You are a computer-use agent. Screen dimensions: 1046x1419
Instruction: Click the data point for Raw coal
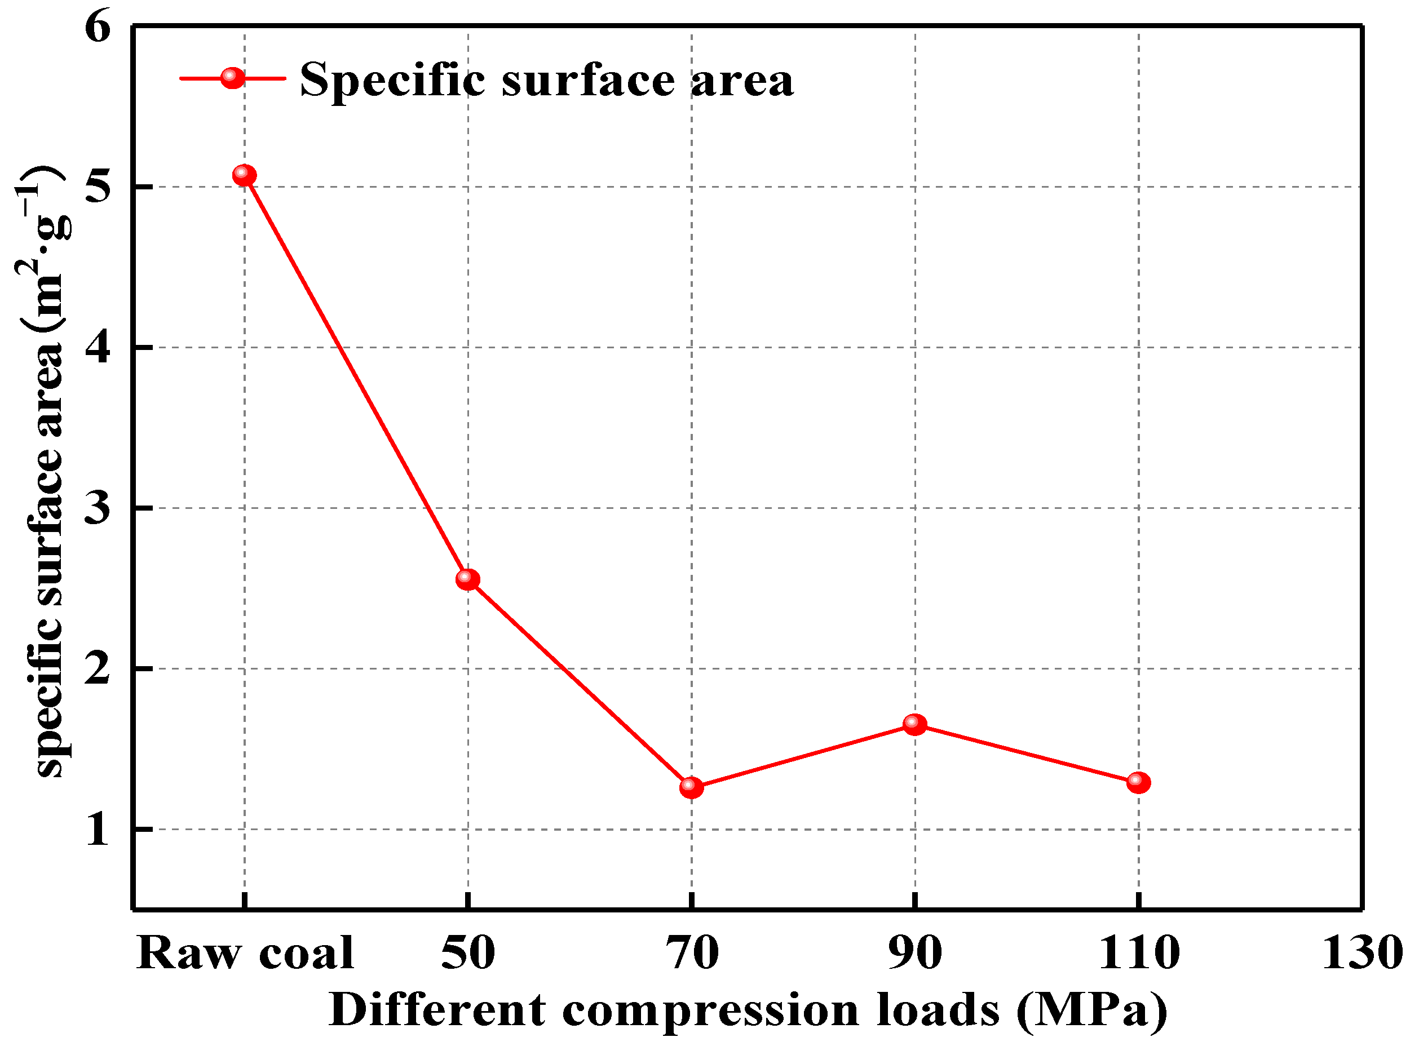click(x=245, y=175)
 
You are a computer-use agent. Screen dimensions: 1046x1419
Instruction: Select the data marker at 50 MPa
click(x=467, y=579)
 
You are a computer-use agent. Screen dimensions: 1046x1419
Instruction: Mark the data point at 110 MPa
click(x=1138, y=783)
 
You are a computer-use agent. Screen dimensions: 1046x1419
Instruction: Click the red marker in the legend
click(x=232, y=78)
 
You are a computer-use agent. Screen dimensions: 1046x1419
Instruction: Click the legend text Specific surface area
click(x=546, y=81)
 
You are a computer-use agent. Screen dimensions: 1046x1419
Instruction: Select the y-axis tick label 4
click(x=98, y=348)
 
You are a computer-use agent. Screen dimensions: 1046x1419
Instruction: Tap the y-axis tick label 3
click(x=98, y=508)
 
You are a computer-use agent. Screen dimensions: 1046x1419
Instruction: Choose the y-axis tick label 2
click(x=98, y=668)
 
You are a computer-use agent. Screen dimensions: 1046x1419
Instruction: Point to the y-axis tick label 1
click(x=98, y=830)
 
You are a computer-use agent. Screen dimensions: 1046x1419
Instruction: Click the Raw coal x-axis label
click(x=245, y=954)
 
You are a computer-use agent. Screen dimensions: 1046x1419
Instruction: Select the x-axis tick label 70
click(x=691, y=954)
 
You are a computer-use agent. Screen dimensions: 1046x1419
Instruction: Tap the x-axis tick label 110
click(x=1138, y=954)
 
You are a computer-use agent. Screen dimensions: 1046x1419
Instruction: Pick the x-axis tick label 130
click(x=1362, y=954)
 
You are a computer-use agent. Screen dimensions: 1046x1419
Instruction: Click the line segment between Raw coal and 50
click(x=356, y=378)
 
